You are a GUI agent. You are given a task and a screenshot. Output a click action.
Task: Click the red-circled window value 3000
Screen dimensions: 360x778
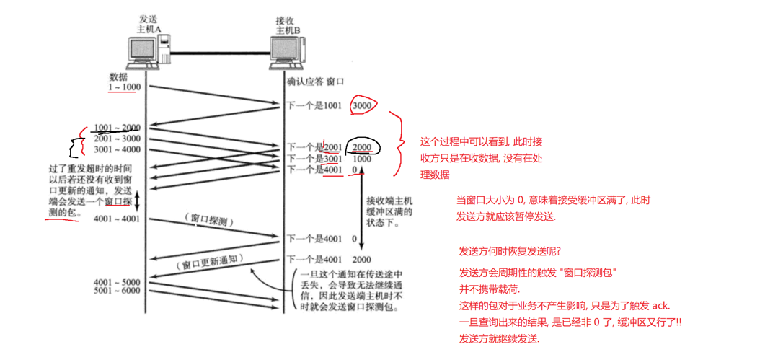click(x=362, y=105)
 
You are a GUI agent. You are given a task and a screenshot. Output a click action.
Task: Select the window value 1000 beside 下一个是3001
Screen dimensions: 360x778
click(x=362, y=158)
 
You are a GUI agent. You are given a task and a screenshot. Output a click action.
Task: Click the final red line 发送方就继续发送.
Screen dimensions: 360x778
click(x=499, y=339)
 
